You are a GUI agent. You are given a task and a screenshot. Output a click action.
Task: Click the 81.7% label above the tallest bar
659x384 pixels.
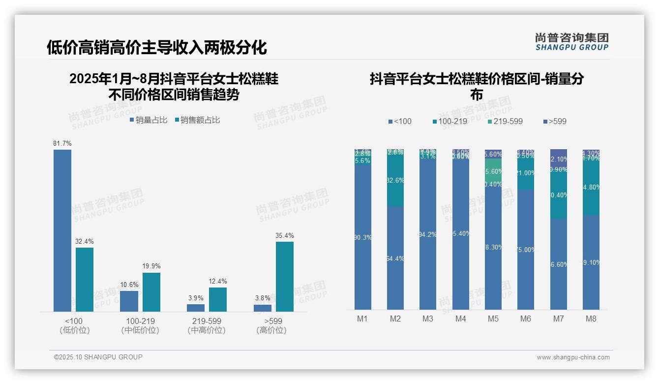(62, 143)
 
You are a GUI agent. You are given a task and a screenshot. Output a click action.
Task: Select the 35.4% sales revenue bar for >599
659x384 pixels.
(285, 276)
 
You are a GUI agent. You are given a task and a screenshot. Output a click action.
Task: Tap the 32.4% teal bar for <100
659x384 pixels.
(85, 279)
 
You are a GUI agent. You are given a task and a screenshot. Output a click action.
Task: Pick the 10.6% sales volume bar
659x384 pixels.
(129, 301)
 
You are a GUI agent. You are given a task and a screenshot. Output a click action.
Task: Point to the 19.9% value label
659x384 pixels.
(151, 266)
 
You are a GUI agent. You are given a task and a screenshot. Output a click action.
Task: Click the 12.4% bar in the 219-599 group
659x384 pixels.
(218, 299)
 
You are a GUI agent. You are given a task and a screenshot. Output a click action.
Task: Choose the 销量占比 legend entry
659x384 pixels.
(149, 120)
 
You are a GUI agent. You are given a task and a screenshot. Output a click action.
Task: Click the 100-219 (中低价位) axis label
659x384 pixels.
(140, 325)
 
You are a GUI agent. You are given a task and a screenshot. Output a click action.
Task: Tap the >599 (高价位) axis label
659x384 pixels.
(271, 325)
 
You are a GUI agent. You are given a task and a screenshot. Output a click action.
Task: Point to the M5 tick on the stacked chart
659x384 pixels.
(493, 319)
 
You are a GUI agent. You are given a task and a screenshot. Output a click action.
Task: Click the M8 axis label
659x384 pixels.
(591, 319)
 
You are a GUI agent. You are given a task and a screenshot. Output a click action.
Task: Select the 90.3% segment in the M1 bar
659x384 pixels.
(363, 237)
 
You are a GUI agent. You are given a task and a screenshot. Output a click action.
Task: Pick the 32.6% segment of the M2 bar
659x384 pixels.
(395, 180)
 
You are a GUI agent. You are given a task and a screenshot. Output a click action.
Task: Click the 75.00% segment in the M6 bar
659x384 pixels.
(526, 250)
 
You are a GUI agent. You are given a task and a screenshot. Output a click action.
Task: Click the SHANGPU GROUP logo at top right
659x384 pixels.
(572, 42)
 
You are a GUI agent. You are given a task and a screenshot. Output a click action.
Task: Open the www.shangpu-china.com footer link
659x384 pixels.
(573, 357)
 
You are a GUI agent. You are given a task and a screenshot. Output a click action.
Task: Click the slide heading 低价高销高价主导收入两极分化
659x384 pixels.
(157, 47)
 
